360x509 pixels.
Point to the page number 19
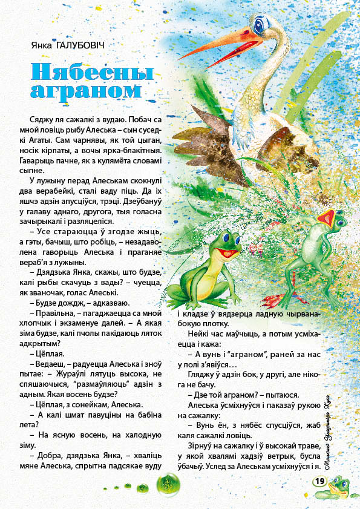319,481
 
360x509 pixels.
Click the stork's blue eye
260,25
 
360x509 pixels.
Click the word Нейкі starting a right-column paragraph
201,333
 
